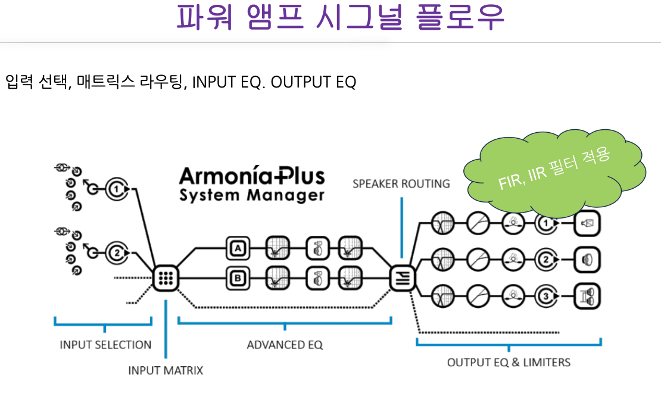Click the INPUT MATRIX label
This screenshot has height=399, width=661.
[166, 370]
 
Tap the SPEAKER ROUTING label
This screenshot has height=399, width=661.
[401, 184]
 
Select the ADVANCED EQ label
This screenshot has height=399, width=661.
[285, 345]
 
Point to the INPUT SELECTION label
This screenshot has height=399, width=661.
[105, 345]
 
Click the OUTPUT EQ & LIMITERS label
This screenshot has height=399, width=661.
[509, 362]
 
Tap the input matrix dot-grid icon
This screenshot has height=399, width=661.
[166, 278]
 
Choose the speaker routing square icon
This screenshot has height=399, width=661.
[403, 278]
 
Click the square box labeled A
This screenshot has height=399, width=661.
[238, 248]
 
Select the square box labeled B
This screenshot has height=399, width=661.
[238, 278]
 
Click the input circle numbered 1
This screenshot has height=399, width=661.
[117, 189]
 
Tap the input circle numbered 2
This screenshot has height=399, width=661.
[117, 253]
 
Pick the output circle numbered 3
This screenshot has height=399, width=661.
[546, 296]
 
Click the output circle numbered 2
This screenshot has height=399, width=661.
[546, 260]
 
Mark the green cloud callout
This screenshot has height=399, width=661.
[554, 173]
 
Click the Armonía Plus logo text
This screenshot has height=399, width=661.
[252, 176]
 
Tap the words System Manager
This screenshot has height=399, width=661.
[252, 195]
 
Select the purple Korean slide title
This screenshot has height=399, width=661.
[340, 17]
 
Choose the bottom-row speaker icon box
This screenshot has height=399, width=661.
[587, 296]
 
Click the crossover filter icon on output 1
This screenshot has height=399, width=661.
[443, 223]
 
